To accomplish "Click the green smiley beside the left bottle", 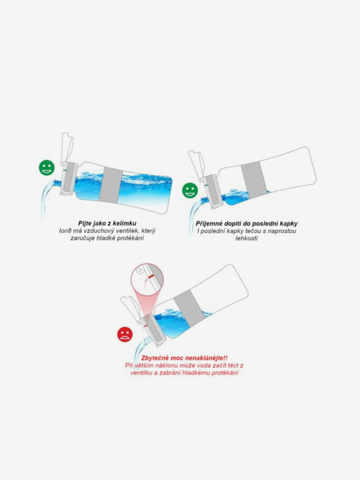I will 46,167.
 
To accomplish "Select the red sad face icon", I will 125,333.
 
